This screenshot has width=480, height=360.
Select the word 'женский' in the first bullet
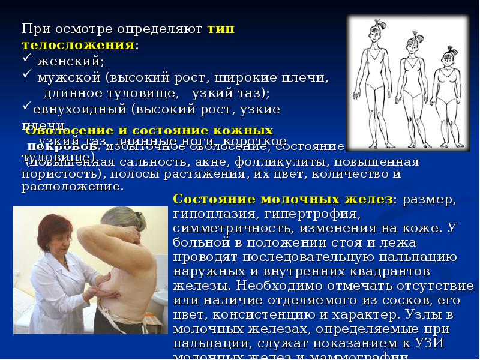(x=71, y=61)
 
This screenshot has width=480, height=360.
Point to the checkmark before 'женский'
(x=27, y=61)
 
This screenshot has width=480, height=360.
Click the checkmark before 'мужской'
(x=27, y=77)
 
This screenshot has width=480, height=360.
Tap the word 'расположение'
(x=71, y=186)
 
